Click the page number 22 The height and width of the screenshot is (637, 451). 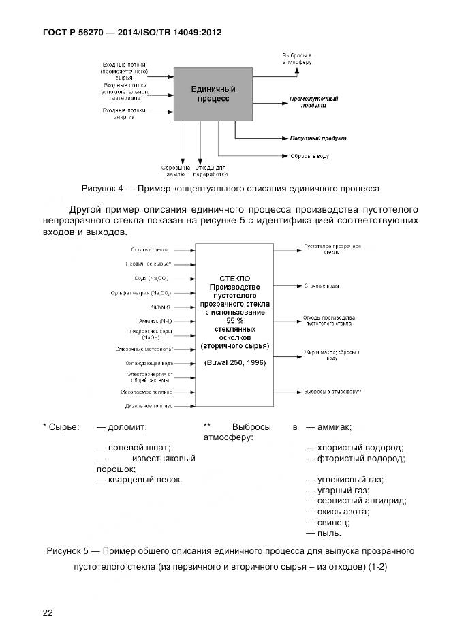click(48, 612)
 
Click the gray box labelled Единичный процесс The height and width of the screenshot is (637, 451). click(213, 94)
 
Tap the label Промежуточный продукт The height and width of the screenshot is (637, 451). click(313, 102)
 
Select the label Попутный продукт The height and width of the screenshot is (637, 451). click(317, 138)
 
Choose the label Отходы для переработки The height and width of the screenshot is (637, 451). click(211, 170)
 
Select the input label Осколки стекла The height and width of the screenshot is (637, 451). click(150, 251)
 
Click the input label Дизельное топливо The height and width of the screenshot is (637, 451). click(148, 406)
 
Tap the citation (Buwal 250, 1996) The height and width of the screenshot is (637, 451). click(234, 362)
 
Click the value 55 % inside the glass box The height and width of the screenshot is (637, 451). click(235, 320)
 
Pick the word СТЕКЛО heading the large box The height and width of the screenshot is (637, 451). click(235, 279)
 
